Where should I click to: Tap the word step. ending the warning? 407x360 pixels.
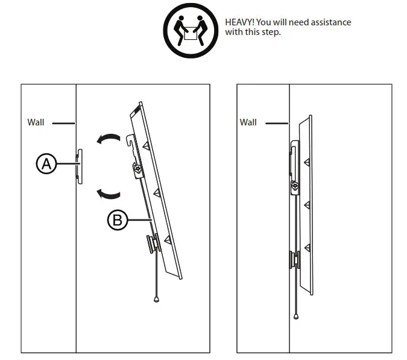point(270,32)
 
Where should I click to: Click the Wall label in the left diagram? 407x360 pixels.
point(36,122)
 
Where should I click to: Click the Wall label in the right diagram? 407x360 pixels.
point(248,122)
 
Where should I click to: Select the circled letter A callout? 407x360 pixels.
point(46,163)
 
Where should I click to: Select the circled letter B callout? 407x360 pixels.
point(117,220)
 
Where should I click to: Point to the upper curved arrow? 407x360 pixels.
point(109,140)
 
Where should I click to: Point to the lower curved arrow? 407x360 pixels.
point(109,193)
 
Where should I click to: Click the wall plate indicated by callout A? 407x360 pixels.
point(80,163)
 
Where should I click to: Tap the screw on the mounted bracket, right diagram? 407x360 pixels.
point(295,186)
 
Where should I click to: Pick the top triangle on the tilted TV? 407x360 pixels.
point(147,145)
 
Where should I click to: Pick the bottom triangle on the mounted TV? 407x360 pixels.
point(308,247)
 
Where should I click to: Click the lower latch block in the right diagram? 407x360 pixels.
point(294,259)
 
